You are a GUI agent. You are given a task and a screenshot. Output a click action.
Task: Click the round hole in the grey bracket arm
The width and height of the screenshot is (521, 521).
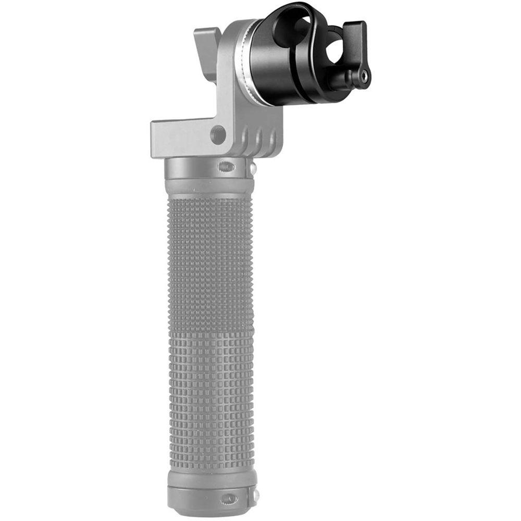coord(218,135)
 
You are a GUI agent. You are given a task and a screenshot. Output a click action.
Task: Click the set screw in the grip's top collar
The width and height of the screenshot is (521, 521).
coord(226,167)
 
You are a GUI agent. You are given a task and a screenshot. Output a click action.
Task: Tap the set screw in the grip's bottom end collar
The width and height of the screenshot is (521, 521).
coord(228,499)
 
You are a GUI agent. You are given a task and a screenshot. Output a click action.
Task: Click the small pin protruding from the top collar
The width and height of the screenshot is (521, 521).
coord(253,168)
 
